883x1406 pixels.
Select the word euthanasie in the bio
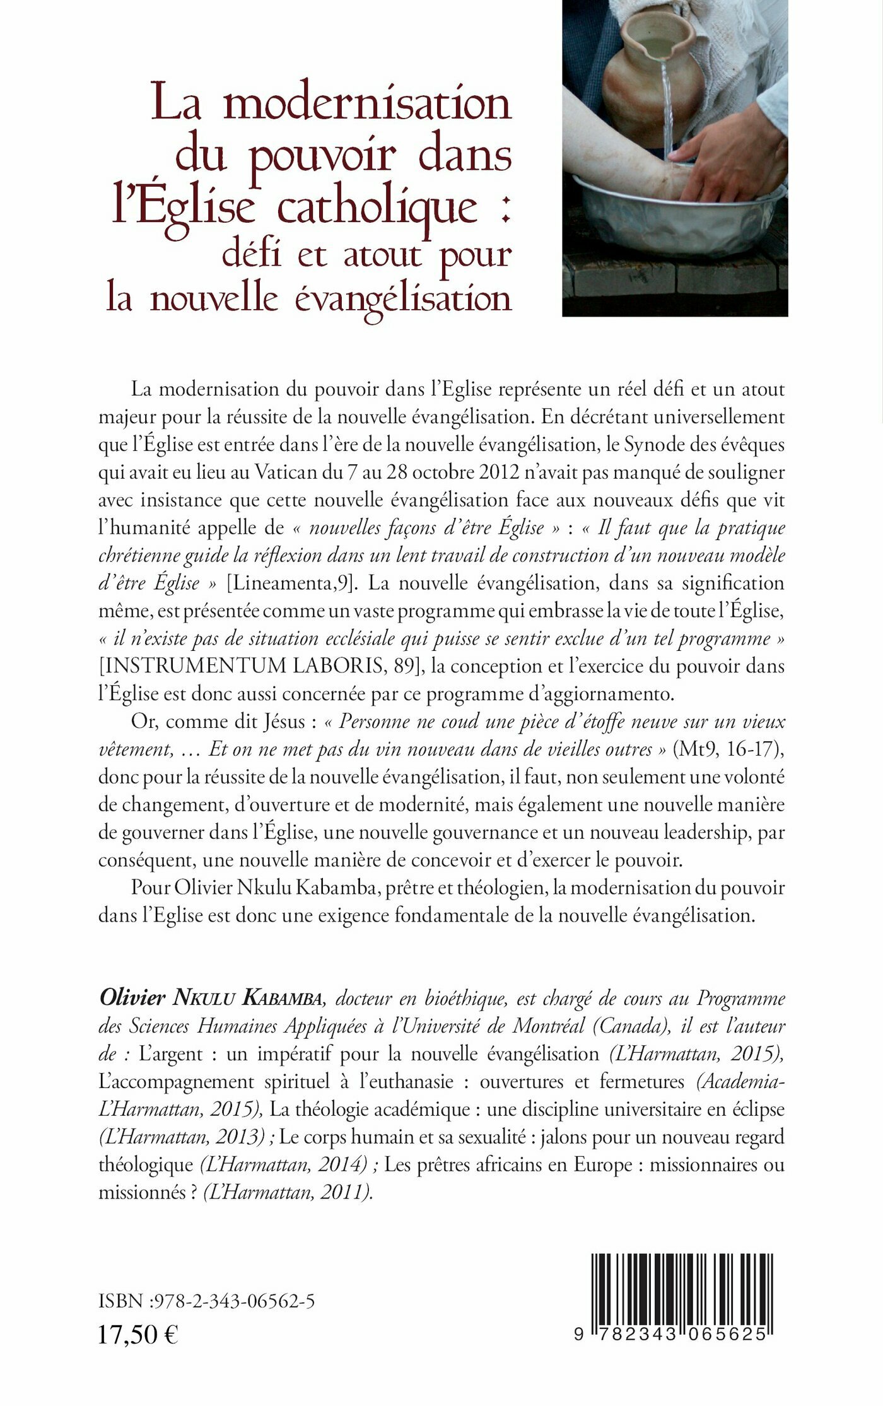[413, 1082]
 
